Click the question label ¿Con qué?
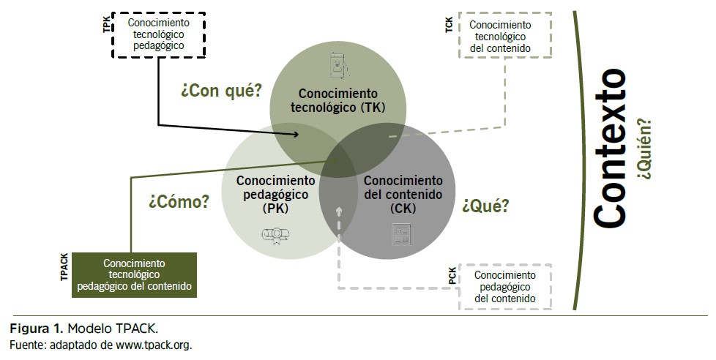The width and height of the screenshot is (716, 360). [x=221, y=91]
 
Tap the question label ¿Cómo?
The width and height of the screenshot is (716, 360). [x=179, y=201]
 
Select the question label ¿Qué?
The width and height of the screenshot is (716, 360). [x=485, y=206]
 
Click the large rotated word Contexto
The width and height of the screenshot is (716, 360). [x=610, y=149]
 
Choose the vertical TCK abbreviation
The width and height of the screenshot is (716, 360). [x=448, y=25]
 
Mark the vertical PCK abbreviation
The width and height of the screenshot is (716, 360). [x=452, y=277]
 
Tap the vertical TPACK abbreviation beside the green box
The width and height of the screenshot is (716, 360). [x=64, y=268]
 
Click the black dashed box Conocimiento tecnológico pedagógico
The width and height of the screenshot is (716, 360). [x=158, y=34]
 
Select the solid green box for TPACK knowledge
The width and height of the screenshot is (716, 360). [x=134, y=274]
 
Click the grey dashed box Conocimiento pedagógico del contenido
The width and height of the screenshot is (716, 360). [x=504, y=286]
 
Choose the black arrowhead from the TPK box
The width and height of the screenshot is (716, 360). [x=296, y=134]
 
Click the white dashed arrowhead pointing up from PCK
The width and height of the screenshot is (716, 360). [x=339, y=211]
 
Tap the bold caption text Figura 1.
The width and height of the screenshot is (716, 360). [x=34, y=327]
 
